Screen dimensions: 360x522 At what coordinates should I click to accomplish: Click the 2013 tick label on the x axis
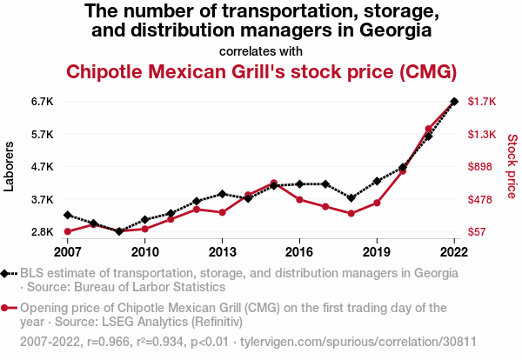pos(222,252)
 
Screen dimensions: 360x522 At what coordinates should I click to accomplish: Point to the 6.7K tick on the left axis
pos(43,102)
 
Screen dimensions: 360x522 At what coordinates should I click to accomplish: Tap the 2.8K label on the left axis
pos(43,232)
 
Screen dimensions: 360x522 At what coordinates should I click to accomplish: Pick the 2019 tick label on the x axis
pos(377,252)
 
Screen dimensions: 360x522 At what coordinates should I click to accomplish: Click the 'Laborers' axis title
pos(10,166)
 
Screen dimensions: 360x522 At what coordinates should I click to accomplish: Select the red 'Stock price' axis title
pos(512,166)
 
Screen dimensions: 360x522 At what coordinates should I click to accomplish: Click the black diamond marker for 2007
pos(67,215)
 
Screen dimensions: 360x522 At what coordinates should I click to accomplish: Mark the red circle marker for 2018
pos(351,213)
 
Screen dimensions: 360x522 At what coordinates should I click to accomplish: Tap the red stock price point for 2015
pos(273,183)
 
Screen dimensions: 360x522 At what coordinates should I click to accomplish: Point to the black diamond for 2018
pos(351,198)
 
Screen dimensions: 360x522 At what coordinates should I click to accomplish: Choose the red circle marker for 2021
pos(428,130)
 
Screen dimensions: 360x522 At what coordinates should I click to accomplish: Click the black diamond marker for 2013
pos(222,194)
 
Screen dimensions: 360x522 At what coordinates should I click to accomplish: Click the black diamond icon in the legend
pos(7,273)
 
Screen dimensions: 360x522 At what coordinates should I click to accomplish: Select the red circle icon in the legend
pos(7,308)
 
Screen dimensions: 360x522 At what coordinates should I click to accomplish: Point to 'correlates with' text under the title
pos(260,50)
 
